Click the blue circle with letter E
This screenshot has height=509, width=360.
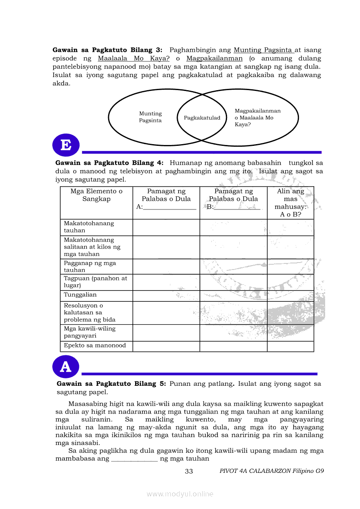pos(66,145)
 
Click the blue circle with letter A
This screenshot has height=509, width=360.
pos(65,367)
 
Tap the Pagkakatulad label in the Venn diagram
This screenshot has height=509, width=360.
pos(202,118)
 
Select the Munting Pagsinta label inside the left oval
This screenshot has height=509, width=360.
pos(150,117)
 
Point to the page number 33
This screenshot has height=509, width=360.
pos(189,471)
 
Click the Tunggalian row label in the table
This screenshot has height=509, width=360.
pos(80,295)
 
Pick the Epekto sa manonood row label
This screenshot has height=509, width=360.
pos(95,345)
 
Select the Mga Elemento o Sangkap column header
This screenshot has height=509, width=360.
pos(96,195)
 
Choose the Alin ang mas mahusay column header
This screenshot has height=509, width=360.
pos(290,203)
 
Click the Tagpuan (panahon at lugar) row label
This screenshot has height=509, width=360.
pos(95,282)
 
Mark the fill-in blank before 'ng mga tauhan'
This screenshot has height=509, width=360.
pos(134,459)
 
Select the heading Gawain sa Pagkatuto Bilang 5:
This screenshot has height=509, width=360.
pos(111,384)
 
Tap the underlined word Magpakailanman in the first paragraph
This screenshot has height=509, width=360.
pos(214,58)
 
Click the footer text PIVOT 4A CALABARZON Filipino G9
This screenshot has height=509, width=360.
pos(272,471)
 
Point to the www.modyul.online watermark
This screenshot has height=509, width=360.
pos(180,494)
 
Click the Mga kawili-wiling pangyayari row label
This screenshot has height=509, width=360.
pos(89,332)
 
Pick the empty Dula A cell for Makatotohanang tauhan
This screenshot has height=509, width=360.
pos(166,227)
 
